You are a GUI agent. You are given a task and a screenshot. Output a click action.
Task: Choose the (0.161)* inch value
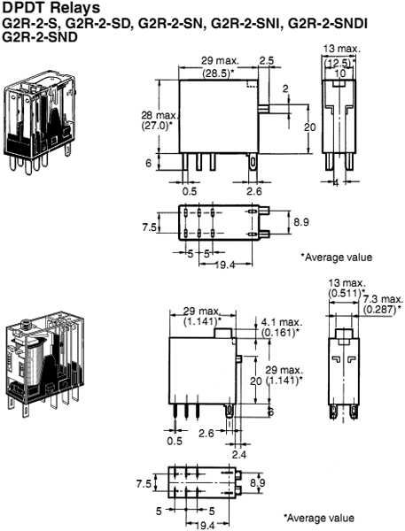283,334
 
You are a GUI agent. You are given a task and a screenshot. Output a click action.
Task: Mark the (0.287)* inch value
382,308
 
